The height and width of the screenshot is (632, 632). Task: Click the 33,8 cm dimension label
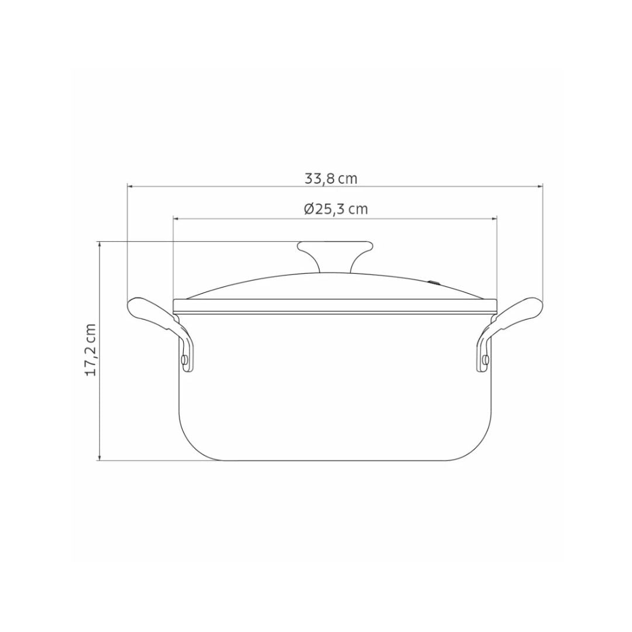(331, 178)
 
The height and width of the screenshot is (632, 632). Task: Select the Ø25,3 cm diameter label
(336, 209)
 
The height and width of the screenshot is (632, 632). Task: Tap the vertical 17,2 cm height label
(91, 349)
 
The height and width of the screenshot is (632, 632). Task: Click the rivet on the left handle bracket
(185, 359)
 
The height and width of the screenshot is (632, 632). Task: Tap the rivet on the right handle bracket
(485, 359)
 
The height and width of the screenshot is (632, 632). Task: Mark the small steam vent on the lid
(434, 283)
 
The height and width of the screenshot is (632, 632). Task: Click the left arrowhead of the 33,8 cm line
(130, 187)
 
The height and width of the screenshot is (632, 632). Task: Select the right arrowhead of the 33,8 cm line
(540, 187)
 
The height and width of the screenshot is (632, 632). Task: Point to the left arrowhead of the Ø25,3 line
(176, 218)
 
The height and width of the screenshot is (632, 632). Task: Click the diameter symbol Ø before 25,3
(309, 209)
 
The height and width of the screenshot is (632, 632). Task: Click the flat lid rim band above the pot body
(335, 306)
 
